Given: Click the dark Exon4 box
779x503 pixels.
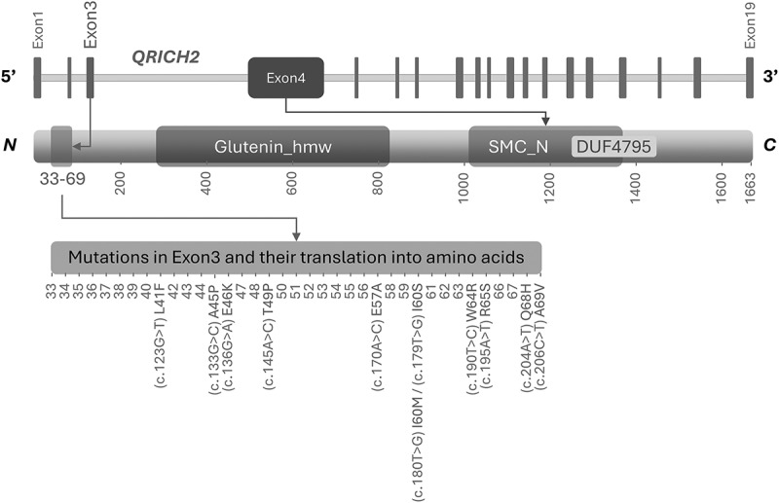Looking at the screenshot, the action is pyautogui.click(x=285, y=78).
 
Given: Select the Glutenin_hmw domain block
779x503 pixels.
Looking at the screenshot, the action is pyautogui.click(x=273, y=147).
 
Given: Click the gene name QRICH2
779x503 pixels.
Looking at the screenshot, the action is pyautogui.click(x=166, y=56).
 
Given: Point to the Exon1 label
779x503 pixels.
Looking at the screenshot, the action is pyautogui.click(x=38, y=27).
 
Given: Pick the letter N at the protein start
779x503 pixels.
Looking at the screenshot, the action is pyautogui.click(x=12, y=147).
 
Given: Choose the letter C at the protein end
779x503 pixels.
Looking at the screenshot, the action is pyautogui.click(x=769, y=147).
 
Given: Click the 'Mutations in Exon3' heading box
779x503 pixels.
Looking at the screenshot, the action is pyautogui.click(x=296, y=257).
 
